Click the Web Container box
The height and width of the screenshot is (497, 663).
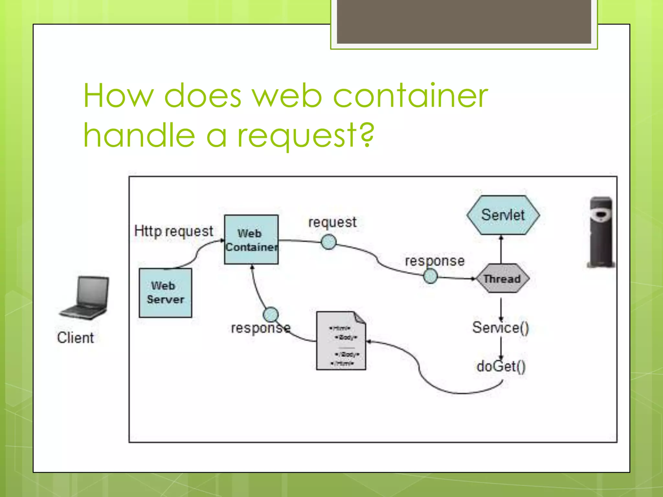point(251,240)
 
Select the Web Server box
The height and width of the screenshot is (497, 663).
point(165,293)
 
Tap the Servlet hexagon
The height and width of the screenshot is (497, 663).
point(503,215)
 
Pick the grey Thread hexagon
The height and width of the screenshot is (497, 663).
point(502,279)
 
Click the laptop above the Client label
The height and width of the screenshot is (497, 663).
point(85,298)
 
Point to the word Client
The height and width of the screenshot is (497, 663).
point(75,338)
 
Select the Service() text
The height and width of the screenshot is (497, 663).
point(500,327)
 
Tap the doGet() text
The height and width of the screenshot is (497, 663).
point(501,366)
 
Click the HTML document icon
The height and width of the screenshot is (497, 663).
point(341,341)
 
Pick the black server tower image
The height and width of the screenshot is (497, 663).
point(601,232)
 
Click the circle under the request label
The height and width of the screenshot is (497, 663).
point(329,242)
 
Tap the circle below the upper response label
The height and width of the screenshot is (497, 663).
point(431,276)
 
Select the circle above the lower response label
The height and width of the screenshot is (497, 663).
point(271,314)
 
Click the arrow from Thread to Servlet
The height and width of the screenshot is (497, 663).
point(501,250)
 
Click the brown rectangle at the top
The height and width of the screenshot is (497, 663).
point(464,22)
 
